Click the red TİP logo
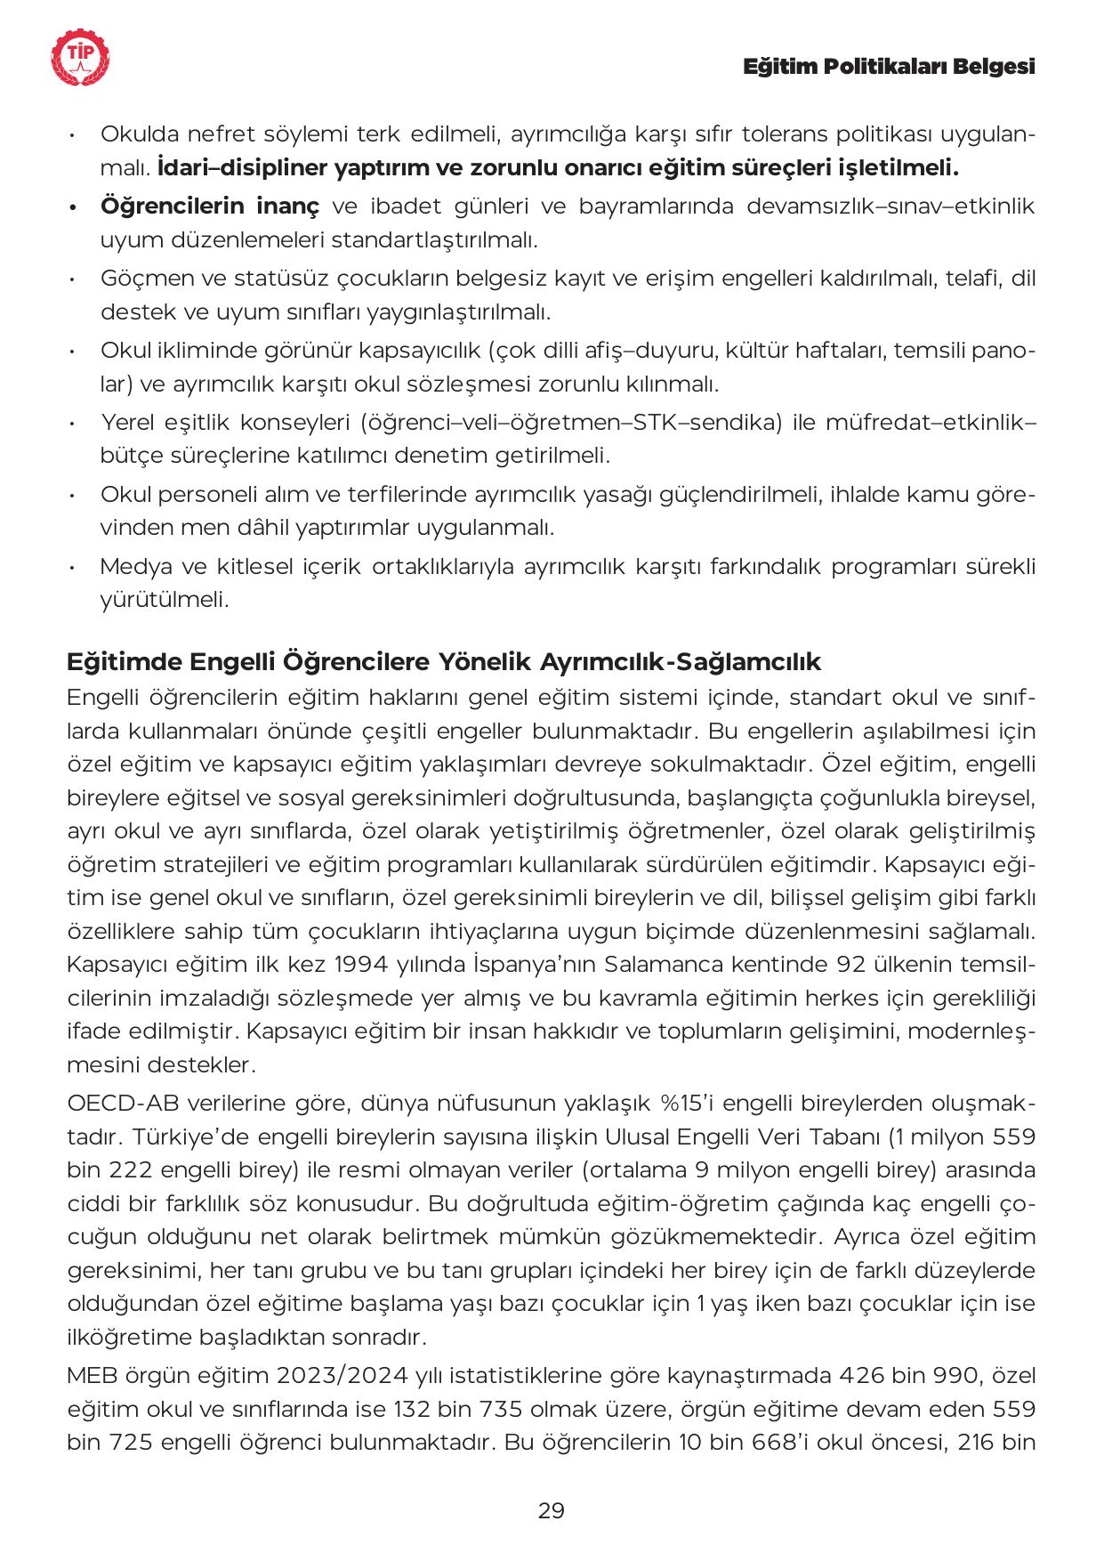tap(82, 57)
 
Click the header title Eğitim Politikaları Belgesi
tap(889, 67)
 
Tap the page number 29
tap(552, 1510)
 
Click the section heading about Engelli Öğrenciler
tap(444, 662)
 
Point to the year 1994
tap(354, 965)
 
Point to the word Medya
tap(137, 567)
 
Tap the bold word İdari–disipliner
tap(235, 167)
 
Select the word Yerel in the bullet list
tap(130, 423)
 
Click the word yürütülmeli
tap(165, 600)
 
